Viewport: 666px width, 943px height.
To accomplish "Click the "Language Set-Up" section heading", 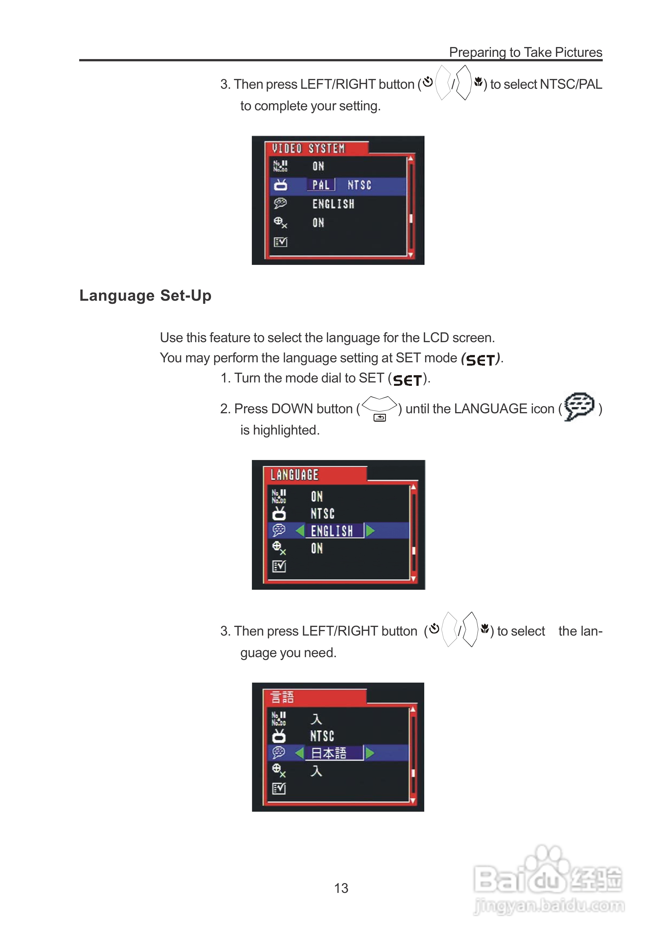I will [145, 296].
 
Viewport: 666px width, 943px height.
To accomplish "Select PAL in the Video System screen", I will [321, 185].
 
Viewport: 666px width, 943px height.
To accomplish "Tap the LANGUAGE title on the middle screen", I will [294, 475].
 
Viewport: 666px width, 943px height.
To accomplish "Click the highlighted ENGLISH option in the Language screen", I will [332, 531].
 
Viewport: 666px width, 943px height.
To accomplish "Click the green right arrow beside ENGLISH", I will [370, 531].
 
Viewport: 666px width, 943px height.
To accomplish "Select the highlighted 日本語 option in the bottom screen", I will [329, 753].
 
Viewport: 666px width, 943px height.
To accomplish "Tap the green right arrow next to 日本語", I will [370, 753].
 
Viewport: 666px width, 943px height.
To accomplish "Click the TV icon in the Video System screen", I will [280, 185].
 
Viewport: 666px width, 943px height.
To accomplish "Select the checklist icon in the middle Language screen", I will [279, 566].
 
